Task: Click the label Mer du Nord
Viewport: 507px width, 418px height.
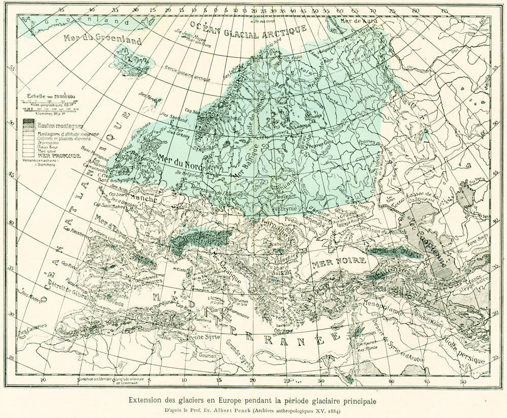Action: coord(180,163)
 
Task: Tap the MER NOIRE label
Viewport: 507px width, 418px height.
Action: coord(333,265)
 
